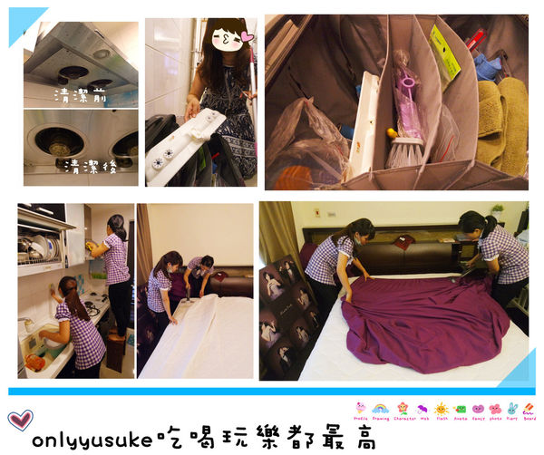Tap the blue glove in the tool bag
coord(489,66)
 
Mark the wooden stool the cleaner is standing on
coord(115,353)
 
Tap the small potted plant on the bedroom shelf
coord(497,210)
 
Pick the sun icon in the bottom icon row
coord(442,410)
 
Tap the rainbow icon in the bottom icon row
coord(380,410)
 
